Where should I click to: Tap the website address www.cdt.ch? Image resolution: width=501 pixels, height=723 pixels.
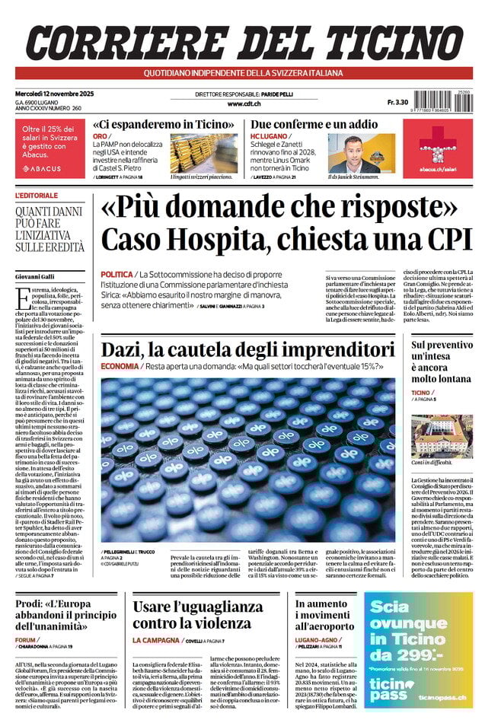point(244,104)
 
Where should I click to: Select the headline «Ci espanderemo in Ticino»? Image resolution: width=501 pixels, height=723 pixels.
point(163,124)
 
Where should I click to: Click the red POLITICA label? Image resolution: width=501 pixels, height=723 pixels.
point(116,273)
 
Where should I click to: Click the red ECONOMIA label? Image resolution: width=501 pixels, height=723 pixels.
point(119,366)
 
